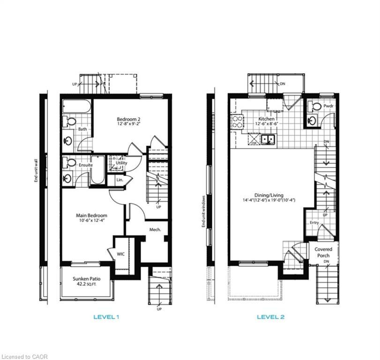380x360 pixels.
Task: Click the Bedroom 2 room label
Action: pyautogui.click(x=129, y=119)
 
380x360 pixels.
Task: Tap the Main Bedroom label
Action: pyautogui.click(x=92, y=216)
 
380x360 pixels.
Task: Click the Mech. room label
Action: pyautogui.click(x=155, y=230)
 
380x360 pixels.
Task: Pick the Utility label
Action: pyautogui.click(x=121, y=163)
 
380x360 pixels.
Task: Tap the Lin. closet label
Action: pyautogui.click(x=119, y=180)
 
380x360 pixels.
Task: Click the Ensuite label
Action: pyautogui.click(x=85, y=165)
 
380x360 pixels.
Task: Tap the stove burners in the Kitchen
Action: pyautogui.click(x=237, y=122)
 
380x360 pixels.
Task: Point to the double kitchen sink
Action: pyautogui.click(x=268, y=139)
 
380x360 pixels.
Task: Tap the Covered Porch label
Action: pyautogui.click(x=323, y=253)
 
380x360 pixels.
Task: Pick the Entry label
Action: pyautogui.click(x=314, y=223)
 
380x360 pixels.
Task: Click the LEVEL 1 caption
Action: pyautogui.click(x=105, y=317)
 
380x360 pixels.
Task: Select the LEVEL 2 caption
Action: pyautogui.click(x=270, y=317)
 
